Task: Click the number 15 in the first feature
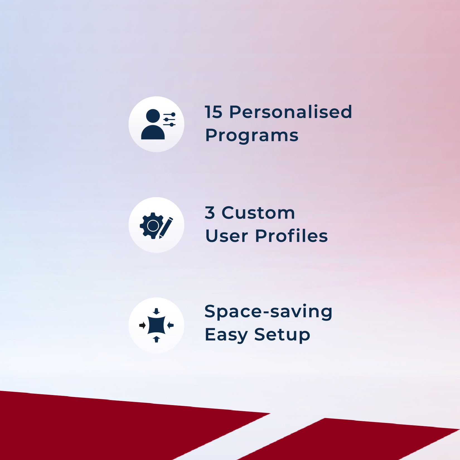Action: (214, 112)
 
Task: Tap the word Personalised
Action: (291, 112)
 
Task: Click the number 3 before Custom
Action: (210, 213)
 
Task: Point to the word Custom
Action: (258, 213)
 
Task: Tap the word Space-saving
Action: (268, 312)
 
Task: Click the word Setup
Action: (282, 335)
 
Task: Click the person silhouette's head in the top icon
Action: (153, 116)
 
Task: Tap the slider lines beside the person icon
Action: (169, 120)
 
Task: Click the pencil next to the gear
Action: (166, 228)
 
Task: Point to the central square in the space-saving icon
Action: (156, 325)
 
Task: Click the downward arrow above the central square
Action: (156, 311)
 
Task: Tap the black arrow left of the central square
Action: (142, 325)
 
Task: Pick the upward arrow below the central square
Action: (156, 339)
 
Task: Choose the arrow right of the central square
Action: (170, 325)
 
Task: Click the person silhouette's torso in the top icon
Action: (153, 133)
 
